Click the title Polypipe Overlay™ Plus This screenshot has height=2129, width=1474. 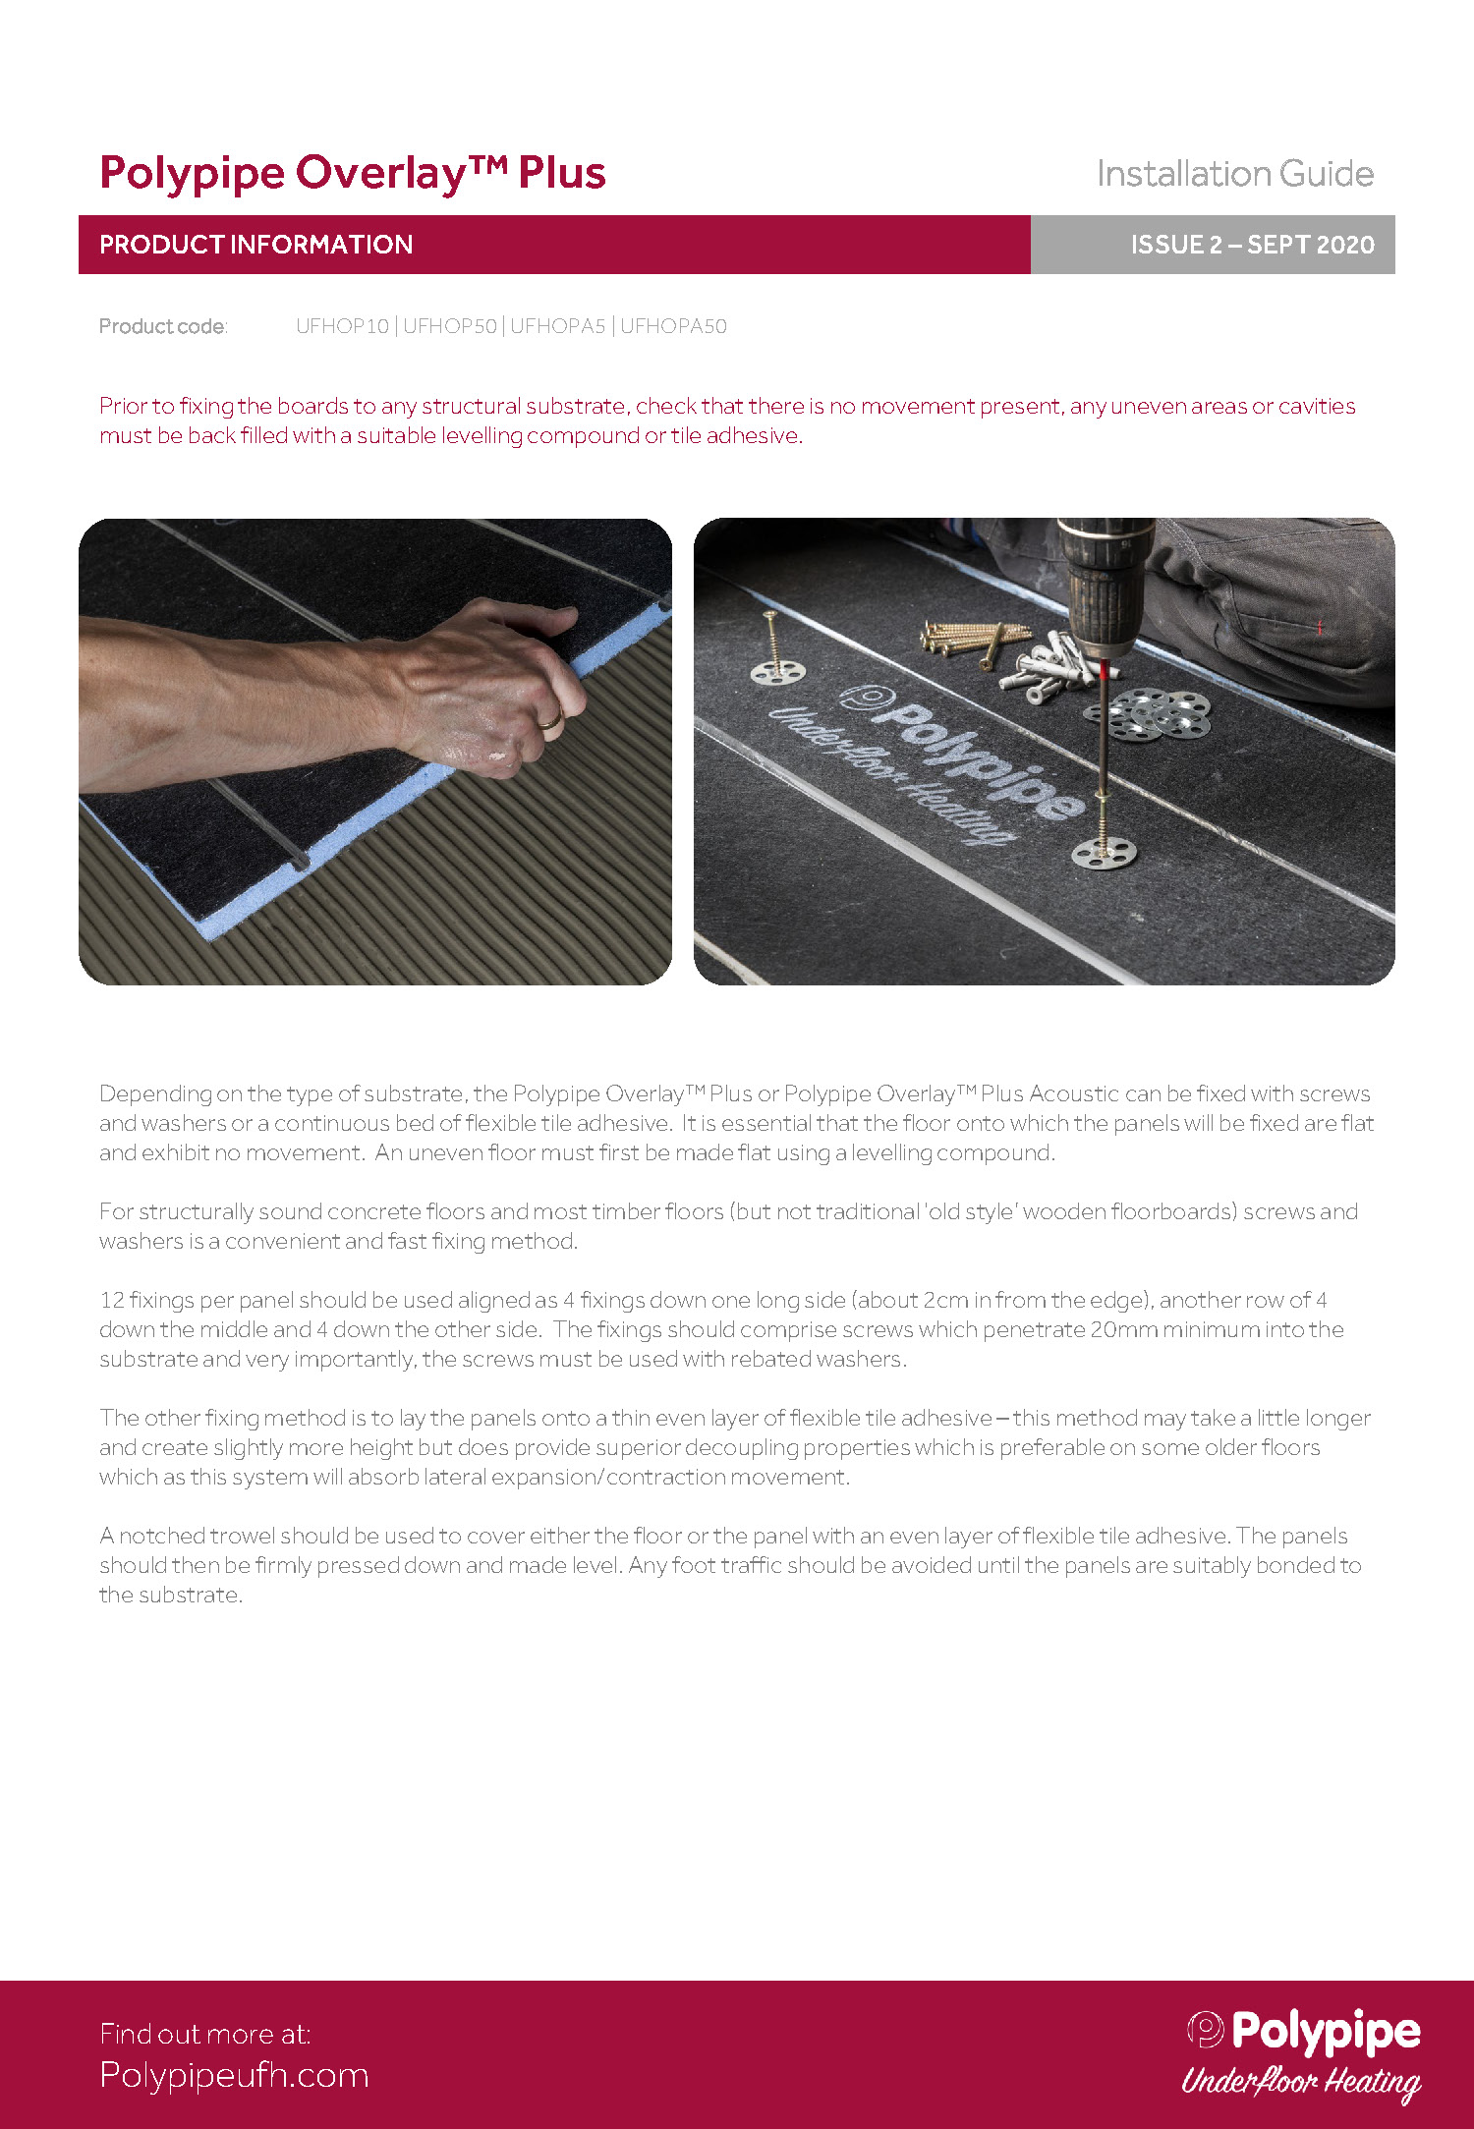point(353,174)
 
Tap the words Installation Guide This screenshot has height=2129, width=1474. point(1235,174)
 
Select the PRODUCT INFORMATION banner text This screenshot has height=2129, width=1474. point(256,245)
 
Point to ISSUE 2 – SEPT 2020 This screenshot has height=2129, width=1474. point(1252,245)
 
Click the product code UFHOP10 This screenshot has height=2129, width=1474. point(343,326)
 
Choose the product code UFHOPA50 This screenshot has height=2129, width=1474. point(673,326)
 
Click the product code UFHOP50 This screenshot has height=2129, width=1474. point(450,326)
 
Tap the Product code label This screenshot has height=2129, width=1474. point(163,326)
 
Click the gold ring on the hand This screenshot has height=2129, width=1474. point(550,720)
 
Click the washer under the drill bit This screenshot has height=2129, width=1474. point(1104,852)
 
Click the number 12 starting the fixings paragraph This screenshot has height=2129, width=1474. point(112,1300)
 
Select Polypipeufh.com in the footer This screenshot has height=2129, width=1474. point(234,2075)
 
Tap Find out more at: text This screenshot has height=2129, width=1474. point(205,2034)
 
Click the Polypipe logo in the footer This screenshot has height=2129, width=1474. point(1303,2032)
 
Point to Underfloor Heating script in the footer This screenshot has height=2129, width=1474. point(1301,2081)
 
